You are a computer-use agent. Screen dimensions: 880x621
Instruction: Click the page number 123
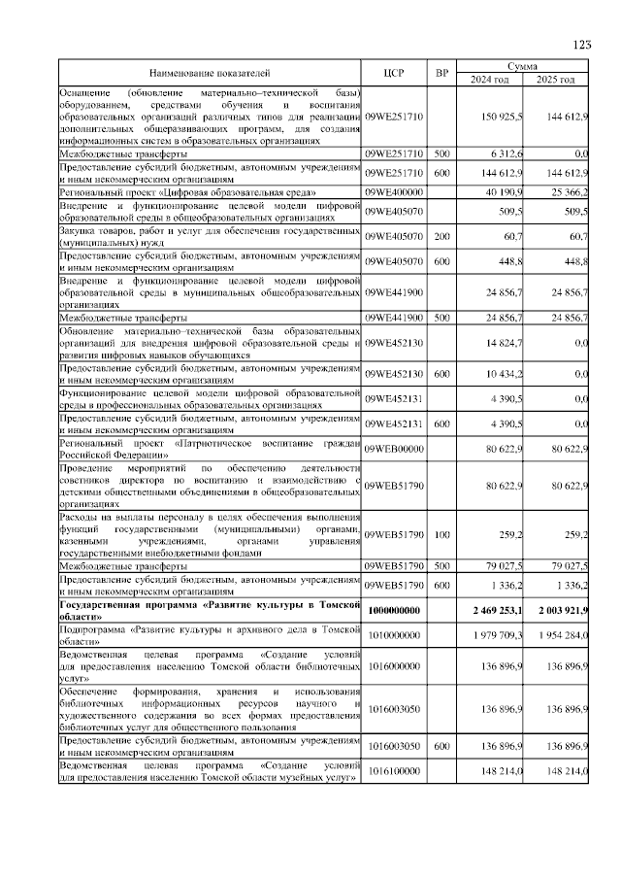tap(582, 44)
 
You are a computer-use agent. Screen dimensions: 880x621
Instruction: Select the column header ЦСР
tap(393, 72)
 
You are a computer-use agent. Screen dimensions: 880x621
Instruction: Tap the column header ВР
tap(441, 72)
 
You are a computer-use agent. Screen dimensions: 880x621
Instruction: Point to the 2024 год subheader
tap(490, 79)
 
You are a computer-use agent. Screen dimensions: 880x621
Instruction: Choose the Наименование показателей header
tap(210, 72)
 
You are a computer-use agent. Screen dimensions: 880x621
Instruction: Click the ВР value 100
tap(441, 534)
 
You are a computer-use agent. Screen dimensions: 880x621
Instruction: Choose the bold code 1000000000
tap(394, 609)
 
